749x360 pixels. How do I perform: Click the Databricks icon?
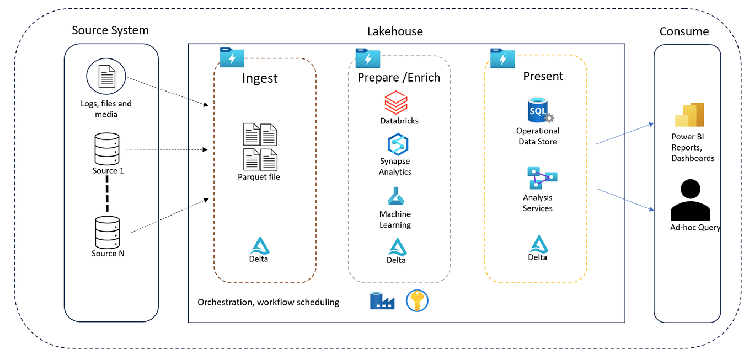(395, 103)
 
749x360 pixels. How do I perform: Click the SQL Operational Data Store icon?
(539, 111)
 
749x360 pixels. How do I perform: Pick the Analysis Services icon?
(539, 179)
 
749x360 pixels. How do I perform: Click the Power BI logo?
(690, 115)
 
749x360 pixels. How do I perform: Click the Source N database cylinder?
(107, 232)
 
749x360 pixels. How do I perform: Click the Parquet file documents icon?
(260, 147)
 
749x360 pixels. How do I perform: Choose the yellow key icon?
(417, 301)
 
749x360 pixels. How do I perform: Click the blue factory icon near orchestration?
(382, 301)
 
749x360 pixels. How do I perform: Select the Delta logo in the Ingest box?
(259, 246)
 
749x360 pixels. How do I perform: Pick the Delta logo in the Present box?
(538, 244)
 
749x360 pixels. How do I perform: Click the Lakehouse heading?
(395, 31)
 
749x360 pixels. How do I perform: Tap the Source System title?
(110, 30)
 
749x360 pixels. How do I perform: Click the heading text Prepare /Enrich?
(399, 77)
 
